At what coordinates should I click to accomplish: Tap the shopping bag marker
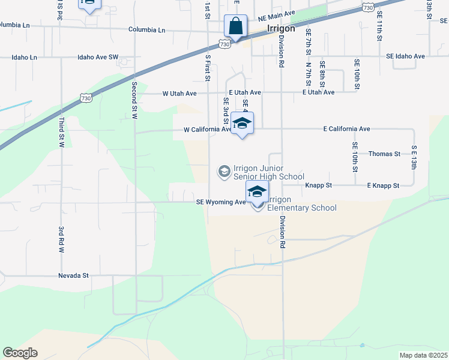(x=235, y=26)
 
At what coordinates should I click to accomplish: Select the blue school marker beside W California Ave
(x=242, y=124)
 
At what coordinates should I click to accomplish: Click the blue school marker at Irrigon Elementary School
(x=257, y=193)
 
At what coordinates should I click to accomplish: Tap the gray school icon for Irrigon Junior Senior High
(x=224, y=172)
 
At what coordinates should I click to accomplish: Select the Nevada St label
(x=73, y=275)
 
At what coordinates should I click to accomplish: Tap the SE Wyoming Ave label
(x=221, y=202)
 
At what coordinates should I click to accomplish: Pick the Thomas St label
(x=384, y=154)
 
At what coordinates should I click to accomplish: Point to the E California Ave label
(x=346, y=129)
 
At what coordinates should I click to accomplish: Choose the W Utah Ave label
(x=179, y=94)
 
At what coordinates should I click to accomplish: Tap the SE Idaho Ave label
(x=406, y=56)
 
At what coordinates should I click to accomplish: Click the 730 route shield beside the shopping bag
(x=224, y=44)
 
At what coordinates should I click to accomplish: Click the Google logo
(x=20, y=353)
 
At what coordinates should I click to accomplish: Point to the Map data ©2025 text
(x=424, y=355)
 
